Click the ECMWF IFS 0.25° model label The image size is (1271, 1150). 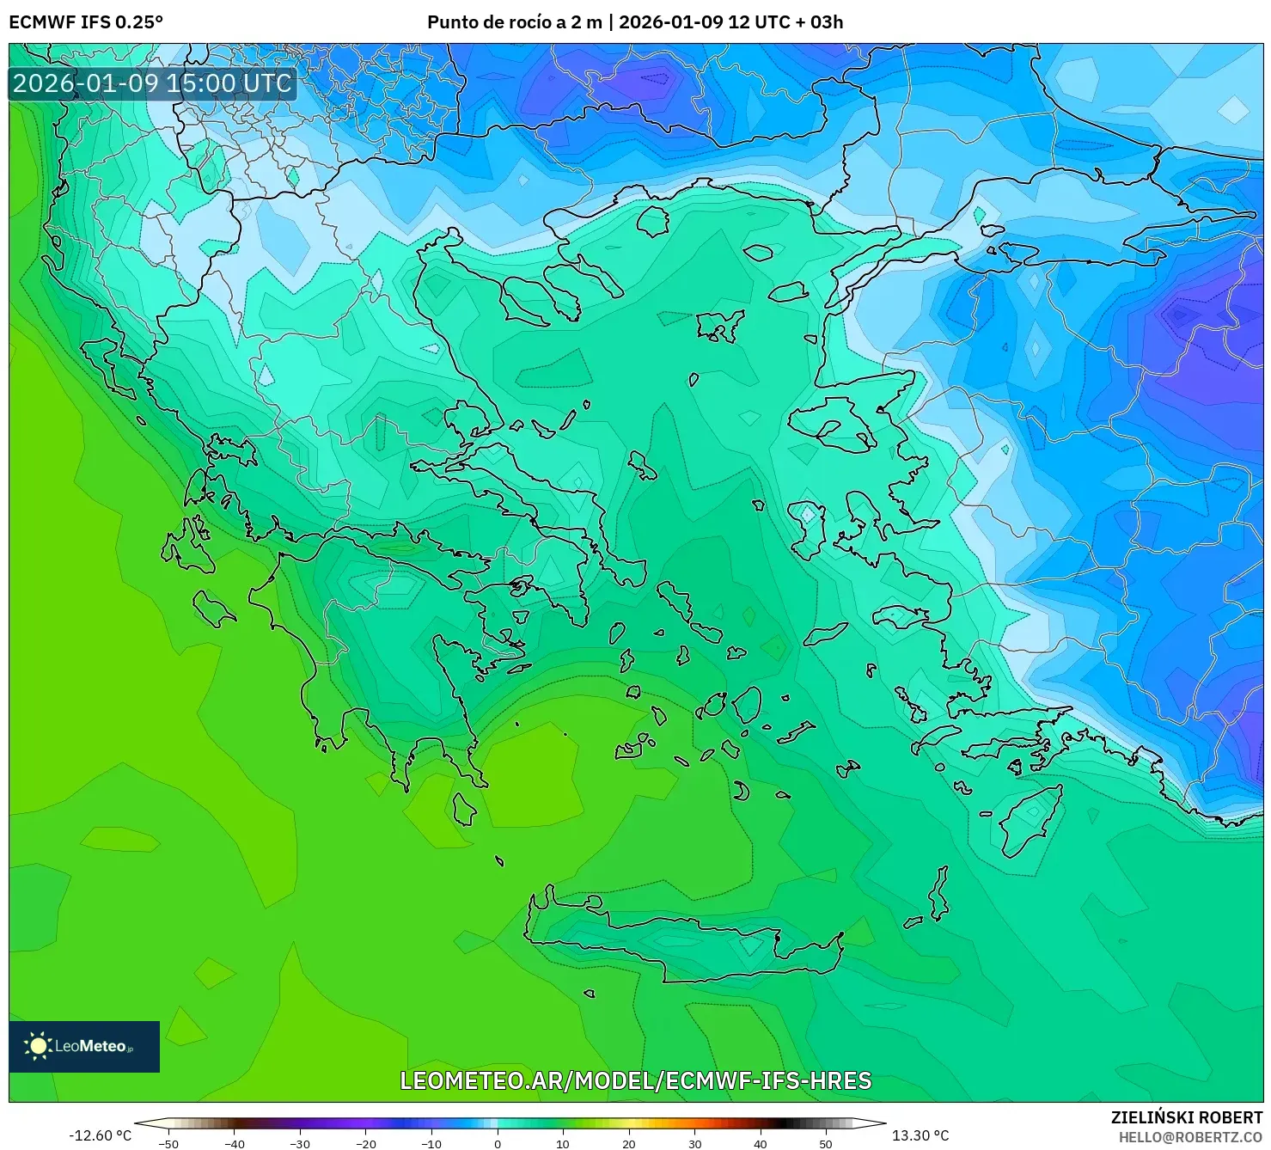(x=86, y=22)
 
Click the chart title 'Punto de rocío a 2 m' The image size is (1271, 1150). (x=514, y=22)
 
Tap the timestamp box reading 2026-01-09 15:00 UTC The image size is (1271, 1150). (x=152, y=83)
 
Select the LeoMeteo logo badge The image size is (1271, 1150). (x=84, y=1046)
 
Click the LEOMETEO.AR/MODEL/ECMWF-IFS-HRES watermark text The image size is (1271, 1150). (x=635, y=1080)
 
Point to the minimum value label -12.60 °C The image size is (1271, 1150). (x=100, y=1135)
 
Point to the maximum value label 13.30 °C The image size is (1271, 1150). (x=920, y=1135)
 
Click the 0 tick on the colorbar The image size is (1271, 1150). (x=498, y=1143)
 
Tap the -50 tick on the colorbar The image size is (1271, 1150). (x=168, y=1143)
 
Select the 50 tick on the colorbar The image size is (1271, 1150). (x=826, y=1143)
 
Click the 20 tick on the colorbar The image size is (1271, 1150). (x=629, y=1143)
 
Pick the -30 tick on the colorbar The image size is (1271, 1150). (x=300, y=1143)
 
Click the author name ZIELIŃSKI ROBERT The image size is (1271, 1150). (x=1186, y=1117)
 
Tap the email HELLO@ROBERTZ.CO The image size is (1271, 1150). (x=1190, y=1136)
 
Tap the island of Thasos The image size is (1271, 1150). (x=653, y=221)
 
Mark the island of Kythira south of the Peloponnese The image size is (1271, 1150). (x=464, y=808)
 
